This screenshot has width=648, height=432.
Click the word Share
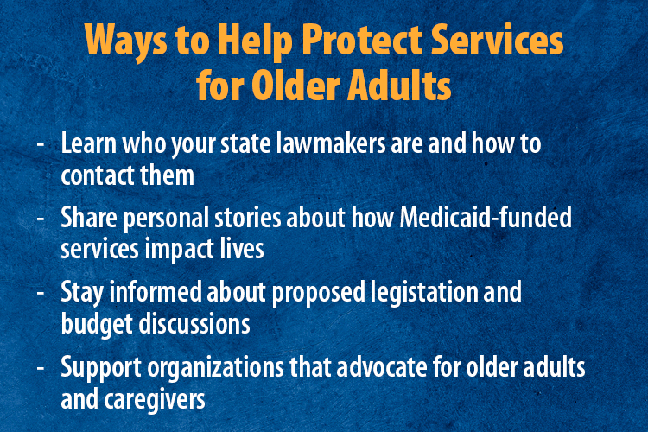click(87, 219)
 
